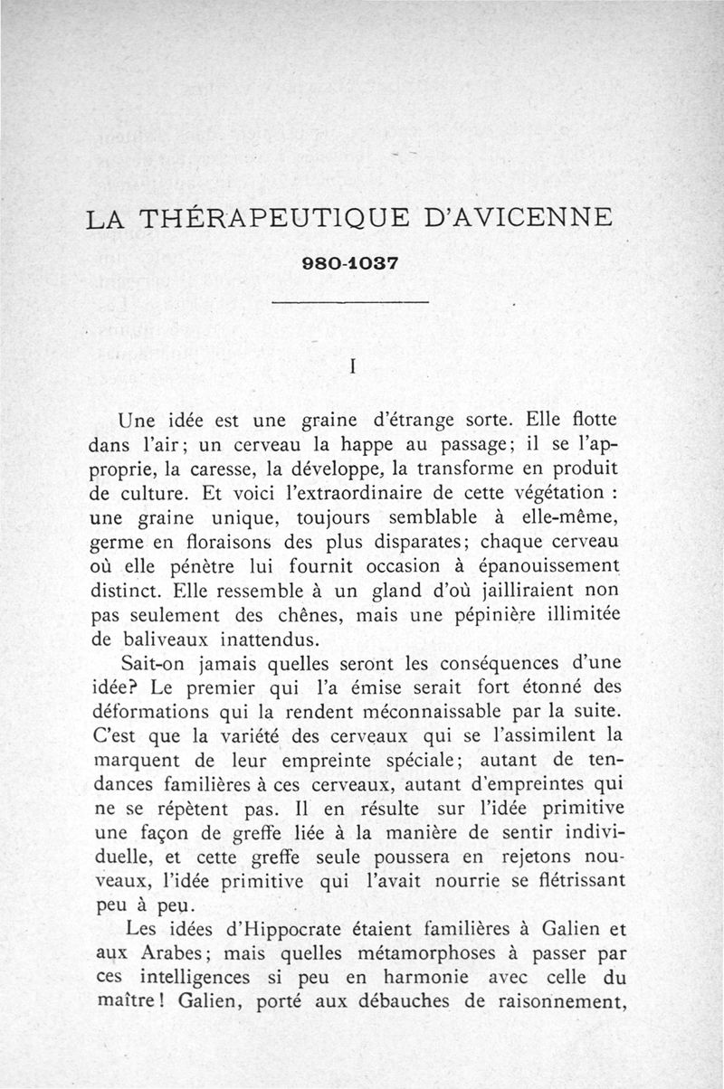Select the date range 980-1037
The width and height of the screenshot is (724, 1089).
click(x=350, y=266)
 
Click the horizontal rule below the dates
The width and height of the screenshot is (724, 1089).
click(x=348, y=302)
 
